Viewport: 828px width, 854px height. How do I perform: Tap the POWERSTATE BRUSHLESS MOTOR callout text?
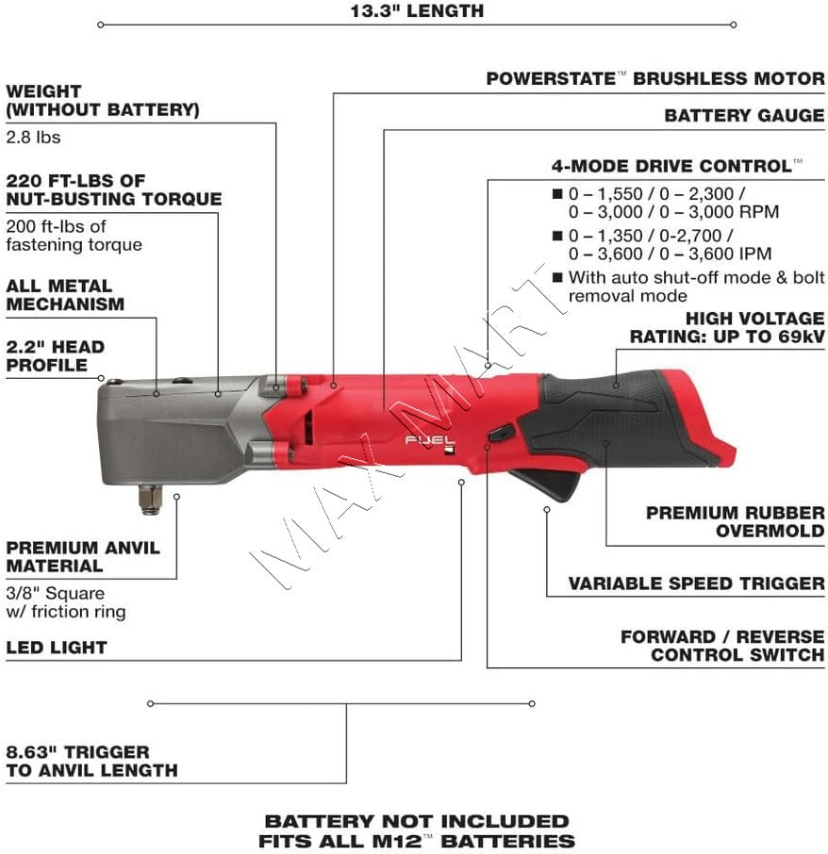(654, 79)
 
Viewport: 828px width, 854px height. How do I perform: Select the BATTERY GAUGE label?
(744, 116)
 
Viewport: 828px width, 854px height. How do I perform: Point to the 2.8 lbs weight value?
(33, 137)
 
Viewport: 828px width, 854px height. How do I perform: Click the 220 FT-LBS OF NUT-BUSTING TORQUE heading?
(113, 189)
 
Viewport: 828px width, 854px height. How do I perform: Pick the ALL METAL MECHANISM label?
(65, 294)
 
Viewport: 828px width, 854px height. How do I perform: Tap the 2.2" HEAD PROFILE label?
(56, 355)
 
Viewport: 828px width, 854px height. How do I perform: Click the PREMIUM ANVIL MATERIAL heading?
(83, 556)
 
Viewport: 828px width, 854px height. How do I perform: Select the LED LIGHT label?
(57, 648)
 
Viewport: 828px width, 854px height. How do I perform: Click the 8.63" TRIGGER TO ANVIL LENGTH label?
(91, 761)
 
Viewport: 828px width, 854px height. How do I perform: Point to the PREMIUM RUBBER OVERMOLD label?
(735, 521)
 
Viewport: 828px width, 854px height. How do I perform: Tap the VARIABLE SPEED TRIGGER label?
(696, 583)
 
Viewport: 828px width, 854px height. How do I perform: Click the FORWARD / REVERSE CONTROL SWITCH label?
(722, 646)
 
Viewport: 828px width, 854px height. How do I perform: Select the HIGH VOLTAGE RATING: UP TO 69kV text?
(726, 328)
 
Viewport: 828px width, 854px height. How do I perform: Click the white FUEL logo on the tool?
(431, 440)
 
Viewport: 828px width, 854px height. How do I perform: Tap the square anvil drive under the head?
(148, 497)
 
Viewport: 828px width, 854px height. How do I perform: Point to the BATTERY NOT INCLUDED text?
(416, 821)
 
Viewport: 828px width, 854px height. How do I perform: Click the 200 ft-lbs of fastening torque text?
(74, 236)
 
